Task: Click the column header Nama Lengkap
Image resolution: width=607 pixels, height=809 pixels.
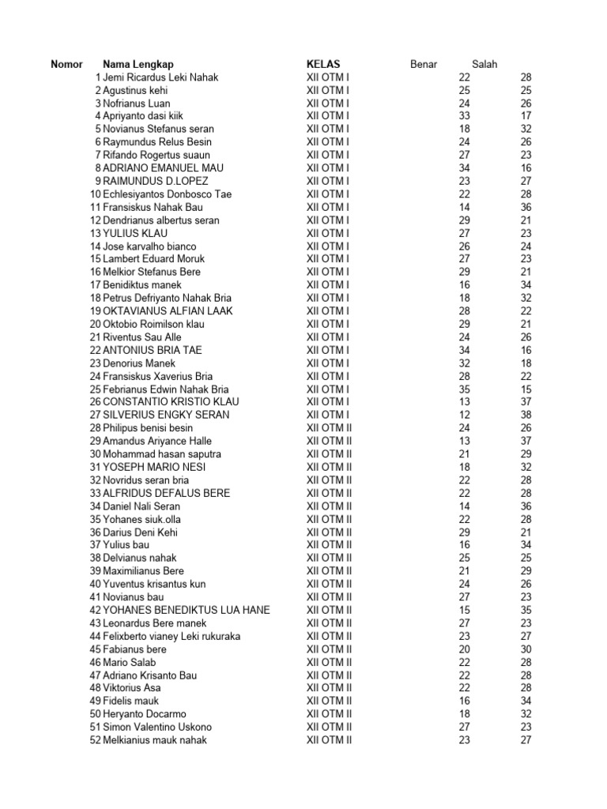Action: click(138, 64)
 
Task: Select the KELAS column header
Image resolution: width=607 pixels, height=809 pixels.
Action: click(323, 64)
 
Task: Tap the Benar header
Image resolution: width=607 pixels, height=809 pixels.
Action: click(424, 64)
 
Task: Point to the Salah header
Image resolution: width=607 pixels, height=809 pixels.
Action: click(484, 64)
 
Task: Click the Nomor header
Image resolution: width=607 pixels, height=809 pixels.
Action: click(67, 64)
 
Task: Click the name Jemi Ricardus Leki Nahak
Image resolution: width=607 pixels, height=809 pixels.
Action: click(160, 77)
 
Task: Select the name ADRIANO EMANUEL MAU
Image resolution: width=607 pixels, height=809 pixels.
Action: click(164, 168)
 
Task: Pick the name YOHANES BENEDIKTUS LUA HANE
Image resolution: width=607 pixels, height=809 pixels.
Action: click(187, 610)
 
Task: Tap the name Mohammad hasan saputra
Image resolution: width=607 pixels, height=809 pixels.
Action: click(162, 454)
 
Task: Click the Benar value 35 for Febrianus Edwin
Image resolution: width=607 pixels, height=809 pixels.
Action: click(465, 389)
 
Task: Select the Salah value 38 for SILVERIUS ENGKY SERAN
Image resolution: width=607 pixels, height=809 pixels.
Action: click(526, 415)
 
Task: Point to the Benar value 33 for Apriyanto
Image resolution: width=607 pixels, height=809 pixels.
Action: click(465, 116)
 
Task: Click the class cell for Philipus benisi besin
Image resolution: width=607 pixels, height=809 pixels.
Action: click(329, 428)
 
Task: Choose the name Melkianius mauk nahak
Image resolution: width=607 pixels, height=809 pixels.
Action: click(155, 740)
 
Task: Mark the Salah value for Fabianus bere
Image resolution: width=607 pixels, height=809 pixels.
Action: click(526, 649)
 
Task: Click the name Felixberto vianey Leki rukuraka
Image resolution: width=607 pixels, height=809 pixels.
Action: click(172, 636)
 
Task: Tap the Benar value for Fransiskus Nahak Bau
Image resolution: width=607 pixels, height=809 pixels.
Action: click(465, 207)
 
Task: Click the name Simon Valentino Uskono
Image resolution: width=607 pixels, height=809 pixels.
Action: click(157, 727)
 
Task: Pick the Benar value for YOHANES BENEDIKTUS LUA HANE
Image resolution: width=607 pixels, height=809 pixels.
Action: click(465, 610)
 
